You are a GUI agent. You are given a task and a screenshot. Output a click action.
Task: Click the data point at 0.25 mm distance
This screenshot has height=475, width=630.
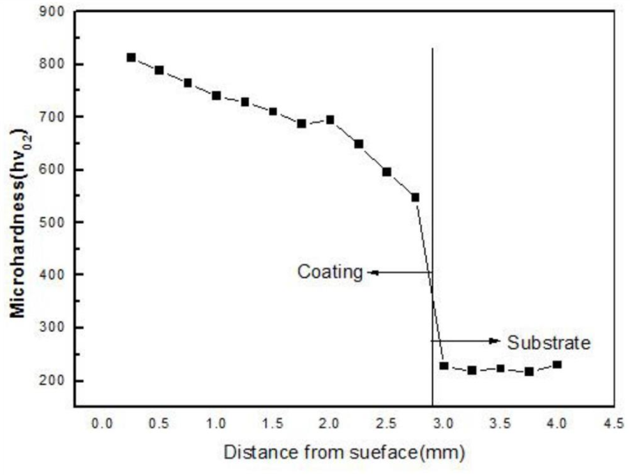pos(131,57)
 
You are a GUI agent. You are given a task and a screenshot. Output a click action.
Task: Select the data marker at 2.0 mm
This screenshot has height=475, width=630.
pos(330,119)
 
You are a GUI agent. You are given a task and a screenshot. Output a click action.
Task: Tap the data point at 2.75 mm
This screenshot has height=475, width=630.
pos(415,197)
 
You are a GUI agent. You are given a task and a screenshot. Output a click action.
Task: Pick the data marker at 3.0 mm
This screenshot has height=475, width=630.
pos(444,365)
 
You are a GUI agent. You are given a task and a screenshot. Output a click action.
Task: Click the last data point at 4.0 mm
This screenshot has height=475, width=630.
pos(557,364)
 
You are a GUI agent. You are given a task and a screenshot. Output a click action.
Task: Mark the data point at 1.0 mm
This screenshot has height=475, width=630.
pos(216,96)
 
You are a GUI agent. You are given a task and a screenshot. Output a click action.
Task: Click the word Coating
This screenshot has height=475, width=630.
pos(330,272)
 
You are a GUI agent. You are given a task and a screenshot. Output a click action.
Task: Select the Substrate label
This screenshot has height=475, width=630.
pos(549,342)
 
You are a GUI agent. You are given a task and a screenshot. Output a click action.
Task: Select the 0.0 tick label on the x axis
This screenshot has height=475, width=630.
pos(103,423)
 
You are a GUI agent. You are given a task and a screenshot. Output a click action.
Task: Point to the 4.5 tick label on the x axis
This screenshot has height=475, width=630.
pos(614,423)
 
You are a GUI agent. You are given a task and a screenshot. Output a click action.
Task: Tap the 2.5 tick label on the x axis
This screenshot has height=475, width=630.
pos(387,423)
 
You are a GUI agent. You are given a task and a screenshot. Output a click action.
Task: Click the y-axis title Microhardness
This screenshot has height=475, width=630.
pos(19,222)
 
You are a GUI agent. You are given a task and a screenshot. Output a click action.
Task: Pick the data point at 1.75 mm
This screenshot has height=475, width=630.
pos(301,123)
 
